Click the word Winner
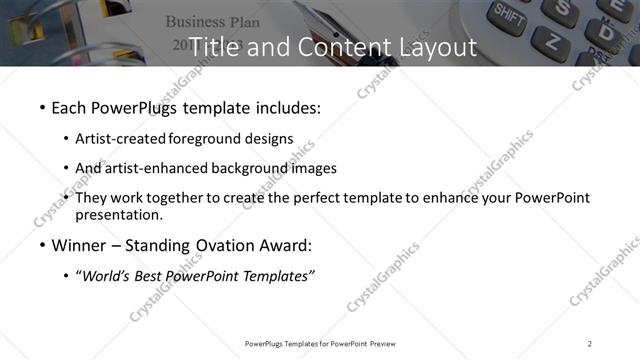tap(80, 245)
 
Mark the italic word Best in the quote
tap(152, 275)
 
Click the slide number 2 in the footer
tap(590, 344)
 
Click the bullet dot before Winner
tap(41, 245)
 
